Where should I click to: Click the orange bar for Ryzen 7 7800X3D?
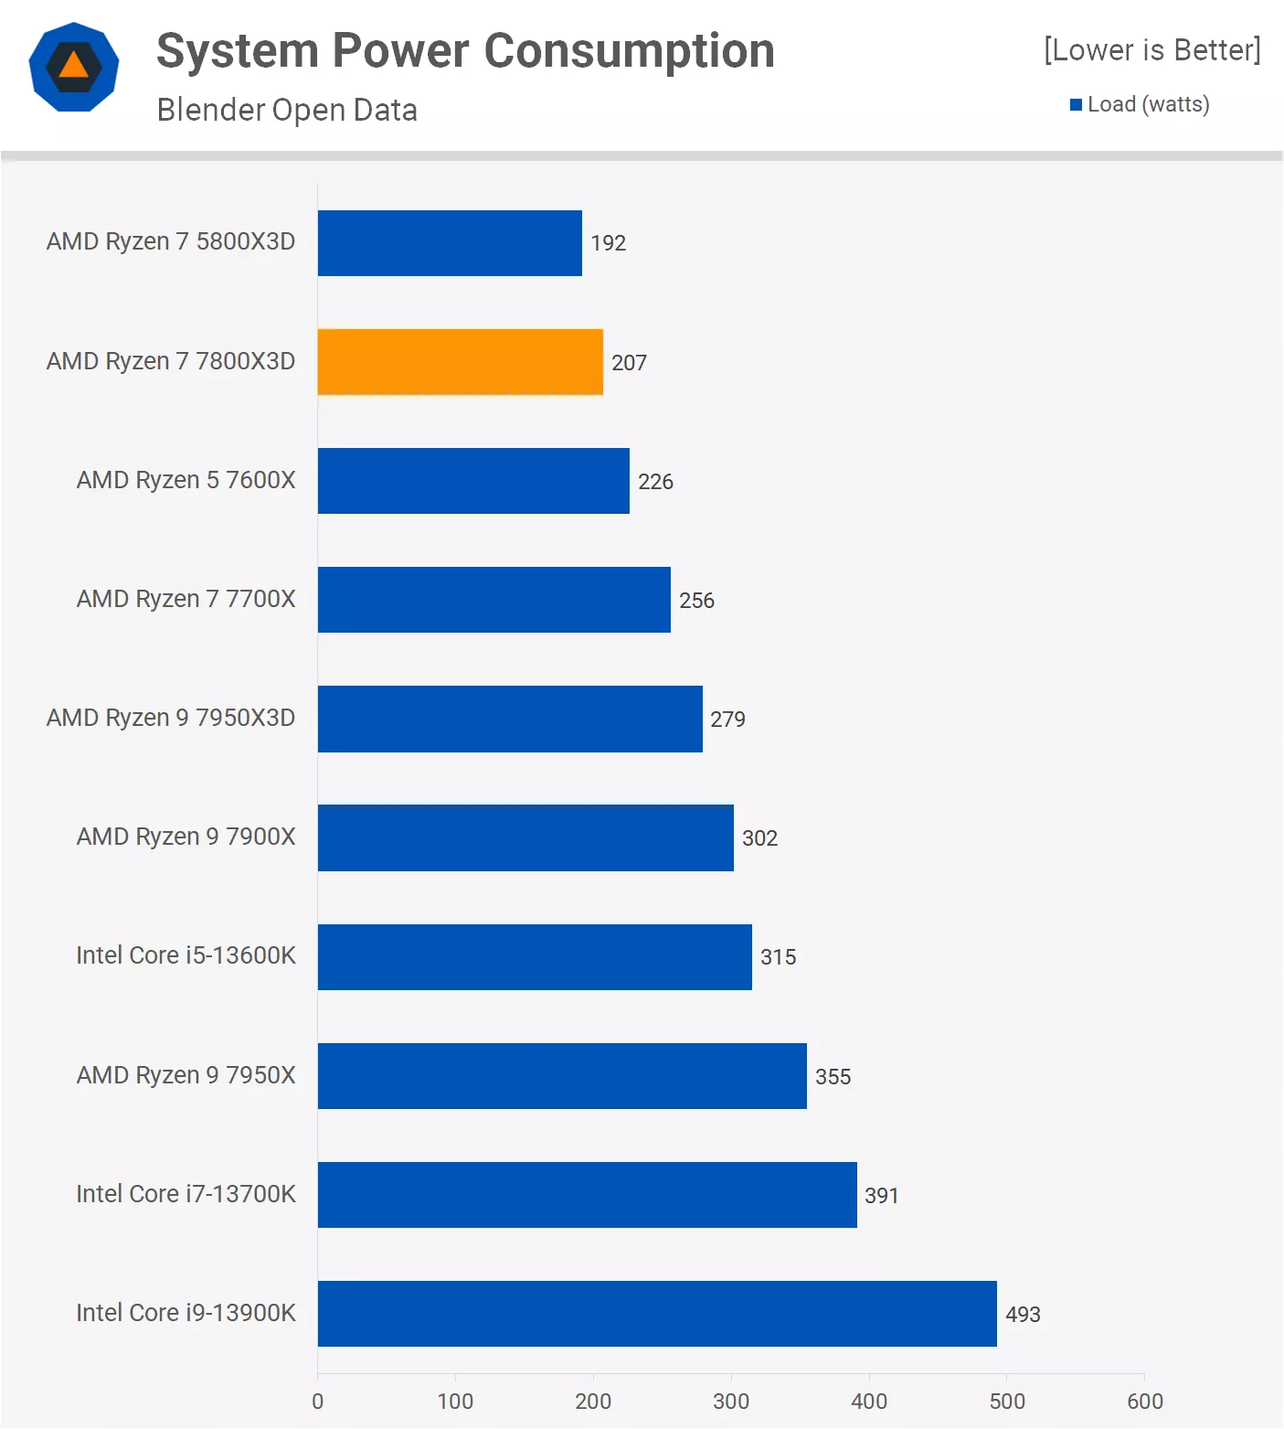(460, 362)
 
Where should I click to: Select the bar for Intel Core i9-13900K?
(657, 1314)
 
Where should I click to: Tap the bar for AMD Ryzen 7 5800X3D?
(450, 243)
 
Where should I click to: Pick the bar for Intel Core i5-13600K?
(535, 957)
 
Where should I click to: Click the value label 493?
(1023, 1315)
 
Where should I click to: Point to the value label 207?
(629, 363)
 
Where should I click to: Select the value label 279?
(727, 720)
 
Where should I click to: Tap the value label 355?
(833, 1077)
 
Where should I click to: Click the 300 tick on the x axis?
(731, 1402)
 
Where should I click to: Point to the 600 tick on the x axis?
(1145, 1402)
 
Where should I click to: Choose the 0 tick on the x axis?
(318, 1402)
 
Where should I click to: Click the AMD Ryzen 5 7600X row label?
(186, 480)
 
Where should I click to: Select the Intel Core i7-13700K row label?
(186, 1194)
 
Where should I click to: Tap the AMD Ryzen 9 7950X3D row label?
(171, 718)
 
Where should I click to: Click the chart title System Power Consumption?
(465, 51)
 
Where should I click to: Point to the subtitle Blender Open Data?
(287, 110)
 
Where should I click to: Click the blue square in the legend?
(1077, 105)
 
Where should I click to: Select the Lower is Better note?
(1151, 50)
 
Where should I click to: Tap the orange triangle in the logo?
(74, 66)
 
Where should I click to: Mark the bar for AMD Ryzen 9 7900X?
(525, 838)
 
